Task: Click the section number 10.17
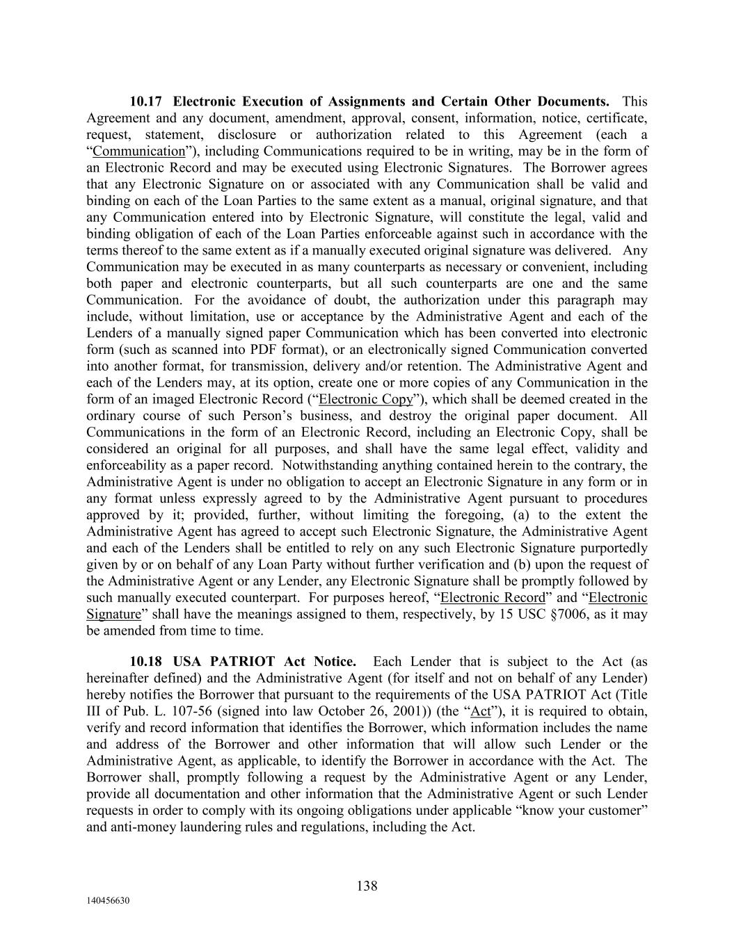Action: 147,102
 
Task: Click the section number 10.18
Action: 147,661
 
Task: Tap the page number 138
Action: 367,886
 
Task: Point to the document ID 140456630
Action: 108,900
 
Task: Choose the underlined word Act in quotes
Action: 481,711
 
